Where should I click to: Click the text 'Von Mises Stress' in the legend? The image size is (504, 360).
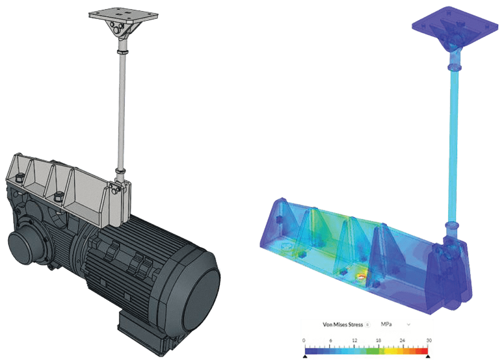click(343, 325)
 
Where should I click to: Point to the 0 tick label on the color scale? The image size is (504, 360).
click(304, 340)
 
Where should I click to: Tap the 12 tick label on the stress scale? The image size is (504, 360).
click(354, 340)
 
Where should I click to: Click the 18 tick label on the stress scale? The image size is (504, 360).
click(378, 340)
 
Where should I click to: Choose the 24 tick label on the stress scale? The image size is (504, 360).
click(403, 340)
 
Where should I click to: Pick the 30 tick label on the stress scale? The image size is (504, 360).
click(429, 340)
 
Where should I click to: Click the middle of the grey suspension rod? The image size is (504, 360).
click(121, 108)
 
